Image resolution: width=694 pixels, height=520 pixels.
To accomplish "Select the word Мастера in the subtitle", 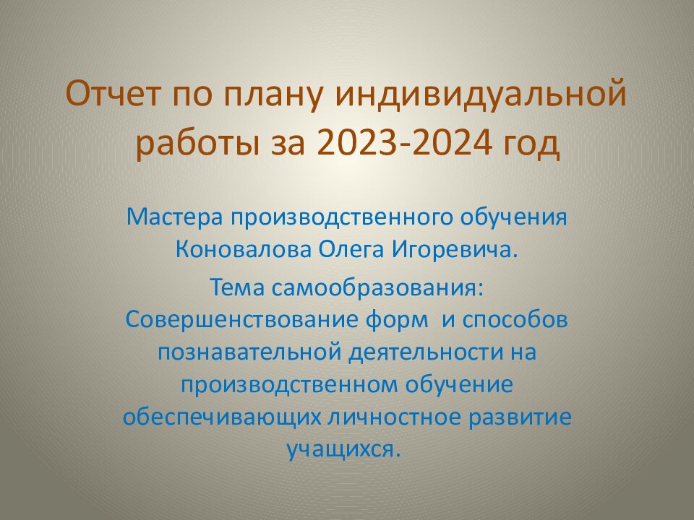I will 173,216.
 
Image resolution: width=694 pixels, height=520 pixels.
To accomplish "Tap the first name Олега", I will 353,250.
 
